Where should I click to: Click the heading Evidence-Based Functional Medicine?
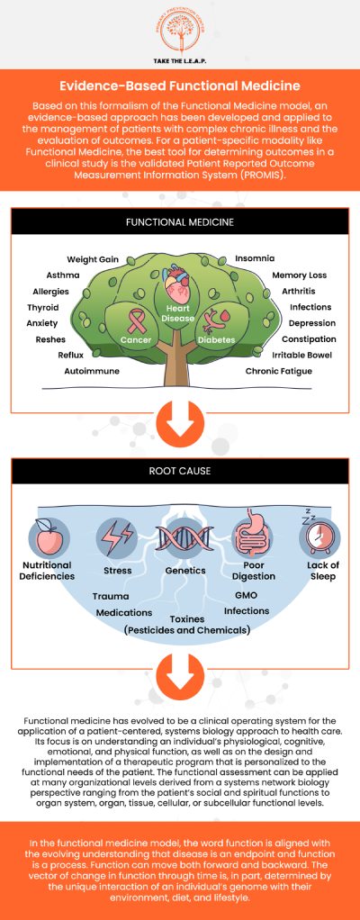click(180, 86)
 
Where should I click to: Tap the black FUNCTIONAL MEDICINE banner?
click(180, 221)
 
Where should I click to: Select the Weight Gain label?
click(93, 259)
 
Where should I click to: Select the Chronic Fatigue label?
click(278, 371)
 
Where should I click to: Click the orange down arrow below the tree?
click(180, 421)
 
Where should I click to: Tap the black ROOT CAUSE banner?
click(180, 471)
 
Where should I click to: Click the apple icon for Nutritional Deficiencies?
click(47, 537)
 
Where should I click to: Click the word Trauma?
click(110, 596)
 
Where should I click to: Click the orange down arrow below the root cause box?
click(180, 670)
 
